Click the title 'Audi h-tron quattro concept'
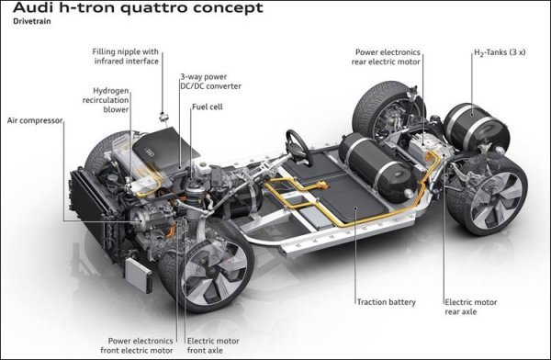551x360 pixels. (x=138, y=7)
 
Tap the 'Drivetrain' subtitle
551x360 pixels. (x=32, y=21)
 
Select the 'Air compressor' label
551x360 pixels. (x=35, y=120)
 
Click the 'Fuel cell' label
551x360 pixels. (x=208, y=107)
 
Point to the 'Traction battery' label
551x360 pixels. (x=387, y=302)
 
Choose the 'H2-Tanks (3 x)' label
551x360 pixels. (x=500, y=52)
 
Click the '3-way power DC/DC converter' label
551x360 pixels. (x=211, y=82)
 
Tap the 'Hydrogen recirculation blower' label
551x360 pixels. (x=106, y=100)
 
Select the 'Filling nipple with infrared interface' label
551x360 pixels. (x=126, y=56)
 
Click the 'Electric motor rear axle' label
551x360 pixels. (x=471, y=307)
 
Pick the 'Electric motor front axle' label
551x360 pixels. (x=213, y=345)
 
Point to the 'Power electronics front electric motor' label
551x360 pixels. (x=137, y=345)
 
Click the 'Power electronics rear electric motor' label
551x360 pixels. (x=386, y=57)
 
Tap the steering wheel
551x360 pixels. (x=299, y=148)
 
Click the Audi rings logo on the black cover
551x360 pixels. (x=150, y=152)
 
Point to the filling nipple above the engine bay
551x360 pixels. (x=163, y=117)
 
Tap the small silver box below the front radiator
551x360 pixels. (x=139, y=276)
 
